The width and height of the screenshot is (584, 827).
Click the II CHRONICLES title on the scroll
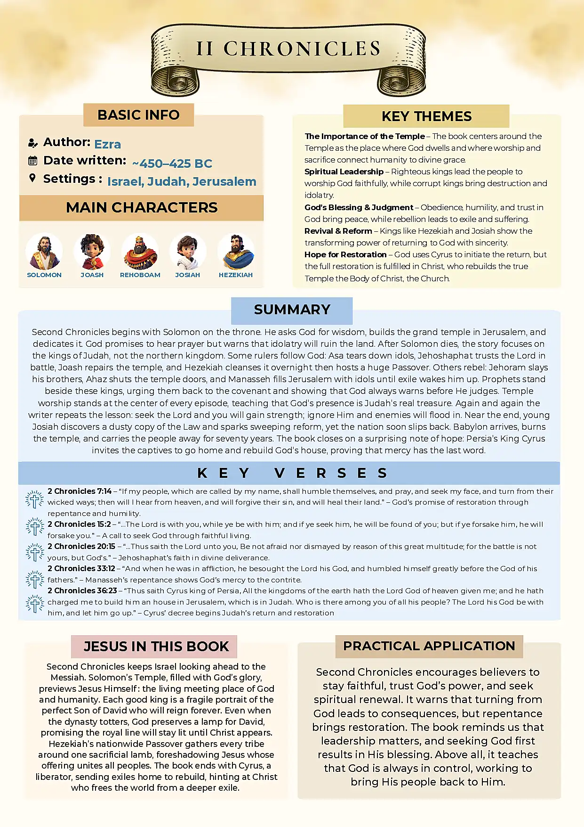coord(288,49)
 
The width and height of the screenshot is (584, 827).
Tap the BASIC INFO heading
coord(138,115)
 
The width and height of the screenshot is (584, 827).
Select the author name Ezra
coord(107,144)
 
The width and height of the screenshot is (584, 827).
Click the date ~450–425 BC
coord(172,164)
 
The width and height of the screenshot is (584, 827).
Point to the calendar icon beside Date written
coord(32,161)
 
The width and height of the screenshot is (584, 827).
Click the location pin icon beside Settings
coord(32,178)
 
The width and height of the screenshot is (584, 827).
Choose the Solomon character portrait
coord(44,252)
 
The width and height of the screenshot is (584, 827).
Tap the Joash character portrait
coord(92,252)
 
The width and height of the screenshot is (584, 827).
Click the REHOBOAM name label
coord(140,275)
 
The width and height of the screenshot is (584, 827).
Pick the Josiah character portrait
coord(188,252)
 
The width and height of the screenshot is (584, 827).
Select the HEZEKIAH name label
coord(236,275)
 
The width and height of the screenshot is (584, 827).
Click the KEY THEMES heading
coord(426,116)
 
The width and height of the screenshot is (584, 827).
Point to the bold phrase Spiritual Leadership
coord(344,172)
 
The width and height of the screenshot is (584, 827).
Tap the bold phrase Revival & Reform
coord(338,231)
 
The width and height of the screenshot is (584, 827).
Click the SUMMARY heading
coord(292,310)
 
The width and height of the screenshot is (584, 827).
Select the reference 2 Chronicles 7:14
coord(80,491)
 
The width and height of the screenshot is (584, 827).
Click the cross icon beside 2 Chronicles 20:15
coord(35,552)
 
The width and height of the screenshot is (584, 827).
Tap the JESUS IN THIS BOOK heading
coord(156,647)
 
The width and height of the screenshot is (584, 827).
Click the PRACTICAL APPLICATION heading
coord(429,646)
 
